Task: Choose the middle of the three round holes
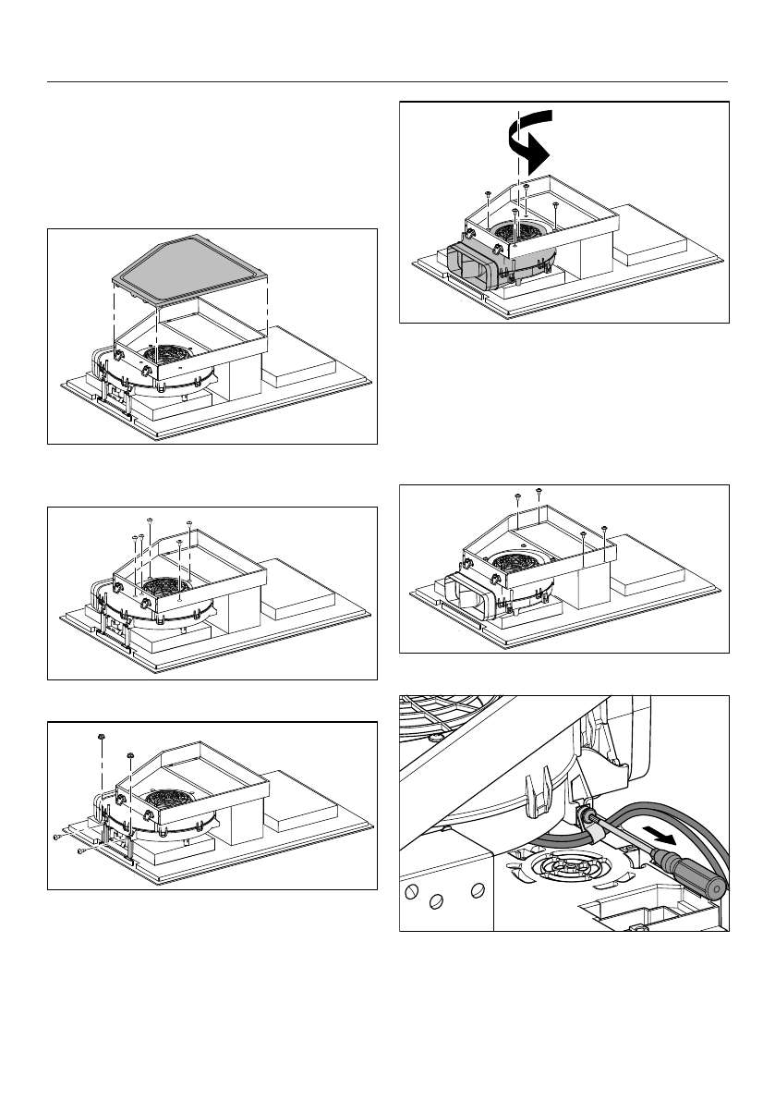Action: (x=440, y=899)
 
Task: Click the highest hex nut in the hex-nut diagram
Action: (x=98, y=737)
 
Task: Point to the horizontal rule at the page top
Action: (x=387, y=84)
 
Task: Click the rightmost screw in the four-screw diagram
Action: (x=603, y=529)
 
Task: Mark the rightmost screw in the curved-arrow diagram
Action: (x=555, y=204)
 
